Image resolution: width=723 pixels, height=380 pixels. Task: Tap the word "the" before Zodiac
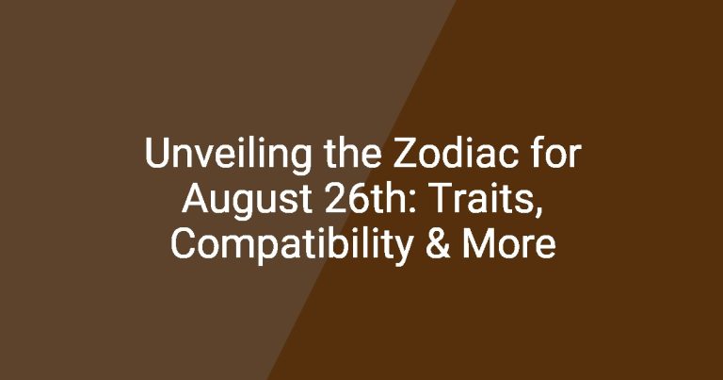pyautogui.click(x=353, y=154)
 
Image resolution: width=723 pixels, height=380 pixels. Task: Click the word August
pyautogui.click(x=248, y=202)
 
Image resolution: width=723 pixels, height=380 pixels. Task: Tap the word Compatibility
pyautogui.click(x=292, y=247)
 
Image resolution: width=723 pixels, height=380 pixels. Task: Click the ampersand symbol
pyautogui.click(x=438, y=244)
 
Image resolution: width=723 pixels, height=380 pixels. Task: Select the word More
pyautogui.click(x=509, y=244)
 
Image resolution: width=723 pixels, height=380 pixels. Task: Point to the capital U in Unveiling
pyautogui.click(x=156, y=154)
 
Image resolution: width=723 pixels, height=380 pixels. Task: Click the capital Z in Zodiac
pyautogui.click(x=405, y=154)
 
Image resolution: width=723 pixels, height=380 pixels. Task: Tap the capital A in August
pyautogui.click(x=195, y=199)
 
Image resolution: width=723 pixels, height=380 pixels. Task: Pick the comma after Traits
pyautogui.click(x=539, y=212)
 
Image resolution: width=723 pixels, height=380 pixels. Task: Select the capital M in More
pyautogui.click(x=476, y=244)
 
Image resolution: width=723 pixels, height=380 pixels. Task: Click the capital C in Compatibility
pyautogui.click(x=183, y=244)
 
